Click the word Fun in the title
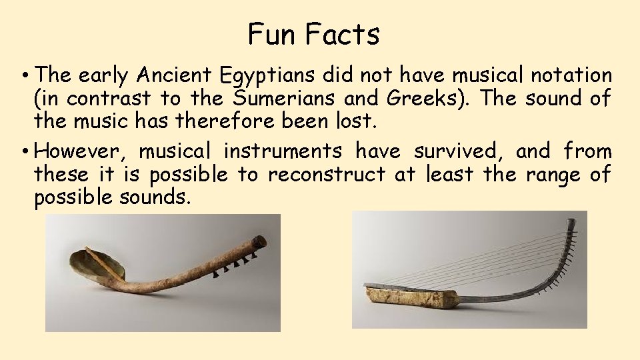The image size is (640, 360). (x=267, y=35)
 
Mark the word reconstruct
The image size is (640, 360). (x=326, y=175)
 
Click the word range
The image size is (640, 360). (x=549, y=175)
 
